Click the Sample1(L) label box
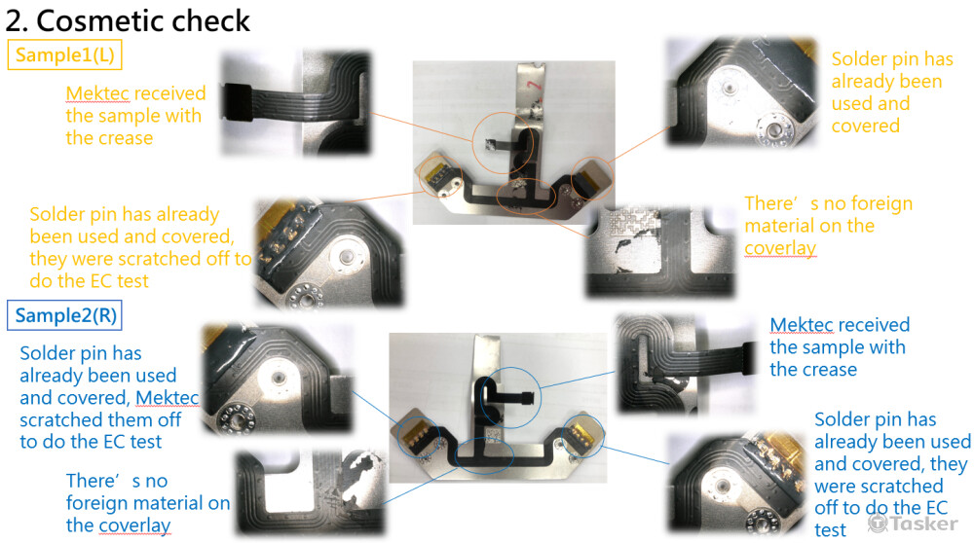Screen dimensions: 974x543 click(64, 54)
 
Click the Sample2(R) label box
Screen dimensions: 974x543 click(64, 315)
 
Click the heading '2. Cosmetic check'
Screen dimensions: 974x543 click(128, 20)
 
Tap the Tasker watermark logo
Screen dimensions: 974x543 click(913, 524)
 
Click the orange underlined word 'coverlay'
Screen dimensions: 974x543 click(780, 247)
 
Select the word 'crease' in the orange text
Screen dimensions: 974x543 click(124, 138)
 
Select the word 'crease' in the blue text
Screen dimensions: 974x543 click(828, 369)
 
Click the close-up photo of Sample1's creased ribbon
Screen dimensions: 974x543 click(296, 103)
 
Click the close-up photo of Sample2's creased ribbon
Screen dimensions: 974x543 click(687, 364)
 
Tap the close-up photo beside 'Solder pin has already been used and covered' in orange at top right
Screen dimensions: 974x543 click(741, 92)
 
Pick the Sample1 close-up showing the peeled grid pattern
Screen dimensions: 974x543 click(660, 252)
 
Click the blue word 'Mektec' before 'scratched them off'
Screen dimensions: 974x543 click(168, 397)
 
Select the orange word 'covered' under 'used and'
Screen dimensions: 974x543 click(865, 126)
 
